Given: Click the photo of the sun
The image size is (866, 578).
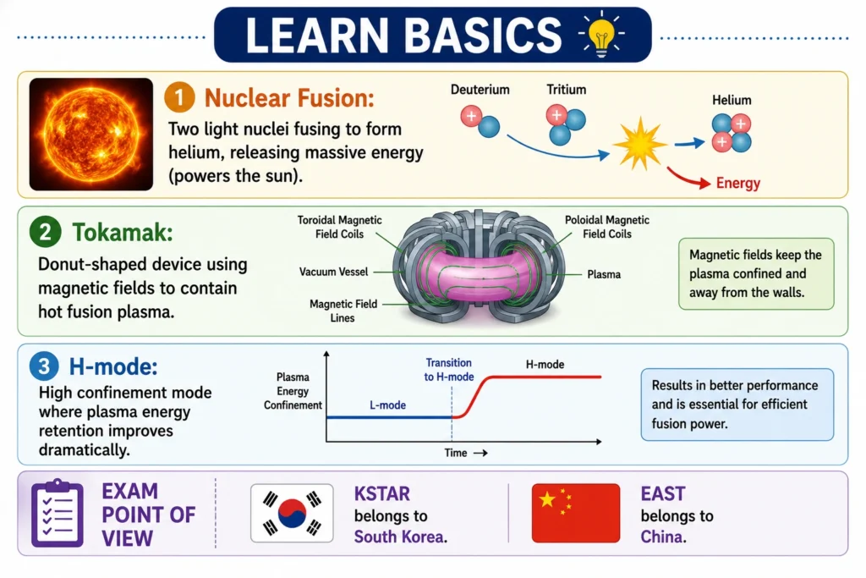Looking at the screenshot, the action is click(91, 135).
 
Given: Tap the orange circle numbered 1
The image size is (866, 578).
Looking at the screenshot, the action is click(179, 97).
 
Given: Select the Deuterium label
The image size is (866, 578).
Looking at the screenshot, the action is click(480, 90).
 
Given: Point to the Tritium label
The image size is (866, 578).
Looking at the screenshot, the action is click(566, 90).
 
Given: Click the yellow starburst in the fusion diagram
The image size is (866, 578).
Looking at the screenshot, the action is click(639, 144).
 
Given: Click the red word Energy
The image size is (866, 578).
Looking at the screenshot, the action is click(737, 183).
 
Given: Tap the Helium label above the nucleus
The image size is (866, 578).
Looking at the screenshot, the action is click(732, 100).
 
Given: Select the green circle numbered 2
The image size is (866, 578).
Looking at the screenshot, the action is click(46, 232).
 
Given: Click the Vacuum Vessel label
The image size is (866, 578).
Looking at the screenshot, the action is click(333, 272).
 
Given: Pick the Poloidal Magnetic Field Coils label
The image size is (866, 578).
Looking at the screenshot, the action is click(607, 227).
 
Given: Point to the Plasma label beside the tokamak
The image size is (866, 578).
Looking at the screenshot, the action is click(604, 274).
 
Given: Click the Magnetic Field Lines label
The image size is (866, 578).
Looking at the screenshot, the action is click(343, 311).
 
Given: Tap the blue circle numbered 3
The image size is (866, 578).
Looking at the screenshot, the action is click(44, 366).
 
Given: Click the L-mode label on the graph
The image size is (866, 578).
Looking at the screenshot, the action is click(387, 405).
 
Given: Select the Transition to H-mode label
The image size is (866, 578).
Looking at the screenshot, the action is click(449, 370).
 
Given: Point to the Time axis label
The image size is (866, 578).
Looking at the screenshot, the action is click(456, 453).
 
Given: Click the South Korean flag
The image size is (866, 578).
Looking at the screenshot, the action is click(292, 514).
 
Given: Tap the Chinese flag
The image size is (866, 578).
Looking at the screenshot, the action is click(575, 514).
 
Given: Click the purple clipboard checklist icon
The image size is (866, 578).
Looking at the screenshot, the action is click(58, 514).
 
